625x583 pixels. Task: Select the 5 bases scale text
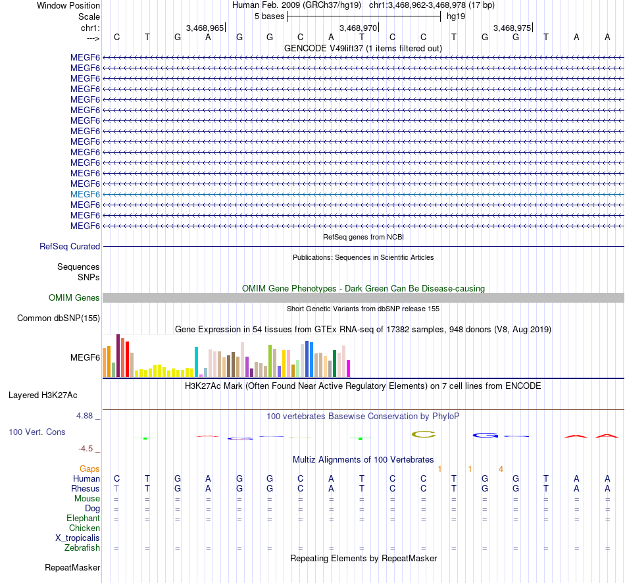tap(269, 16)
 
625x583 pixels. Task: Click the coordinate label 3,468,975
tap(511, 28)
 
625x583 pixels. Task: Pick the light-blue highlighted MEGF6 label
tap(85, 194)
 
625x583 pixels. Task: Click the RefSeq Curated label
tap(70, 246)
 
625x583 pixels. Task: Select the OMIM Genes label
tap(74, 297)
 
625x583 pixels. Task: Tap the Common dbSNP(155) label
tap(59, 318)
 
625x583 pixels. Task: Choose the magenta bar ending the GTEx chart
tap(349, 368)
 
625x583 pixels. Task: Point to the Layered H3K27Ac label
tap(43, 395)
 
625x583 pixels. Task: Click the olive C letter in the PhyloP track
tap(424, 434)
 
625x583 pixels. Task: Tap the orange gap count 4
tap(501, 469)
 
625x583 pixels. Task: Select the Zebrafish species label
tap(82, 547)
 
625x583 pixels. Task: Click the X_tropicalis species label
tap(78, 538)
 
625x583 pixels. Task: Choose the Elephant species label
tap(83, 518)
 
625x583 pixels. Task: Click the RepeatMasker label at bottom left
tap(72, 567)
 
